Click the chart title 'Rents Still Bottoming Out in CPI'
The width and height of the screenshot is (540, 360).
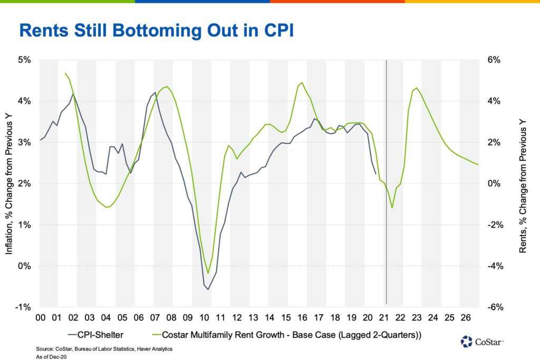point(156,30)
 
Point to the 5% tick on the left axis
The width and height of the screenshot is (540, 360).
point(24,60)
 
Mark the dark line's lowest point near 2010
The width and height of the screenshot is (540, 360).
point(208,289)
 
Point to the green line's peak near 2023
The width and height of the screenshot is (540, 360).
point(417,88)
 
